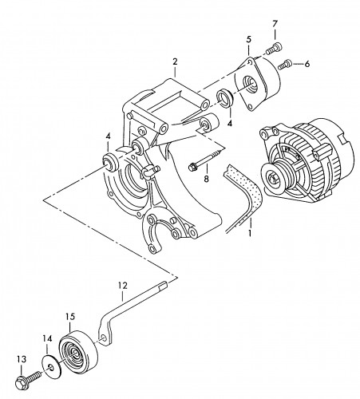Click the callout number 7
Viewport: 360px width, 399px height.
click(275, 24)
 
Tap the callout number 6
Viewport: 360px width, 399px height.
click(307, 64)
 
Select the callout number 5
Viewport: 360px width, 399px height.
click(248, 39)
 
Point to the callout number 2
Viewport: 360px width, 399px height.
click(175, 61)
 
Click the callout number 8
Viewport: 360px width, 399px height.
click(207, 179)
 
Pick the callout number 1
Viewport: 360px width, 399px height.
click(250, 233)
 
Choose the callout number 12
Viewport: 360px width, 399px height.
click(123, 286)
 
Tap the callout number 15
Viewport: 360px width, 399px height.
click(70, 317)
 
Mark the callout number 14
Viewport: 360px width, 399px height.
click(47, 338)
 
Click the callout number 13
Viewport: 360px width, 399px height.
click(22, 359)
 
